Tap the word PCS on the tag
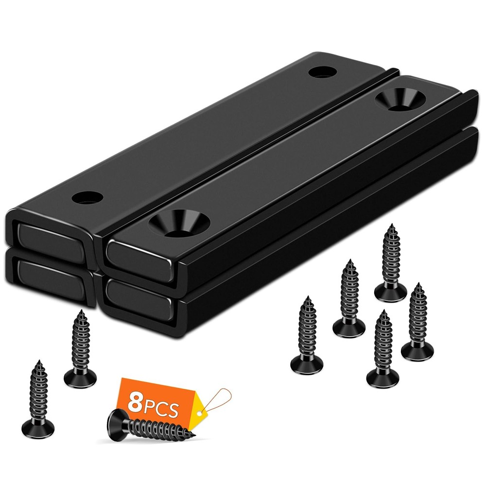point(161,407)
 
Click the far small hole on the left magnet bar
point(323,72)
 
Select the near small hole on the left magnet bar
point(87,198)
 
